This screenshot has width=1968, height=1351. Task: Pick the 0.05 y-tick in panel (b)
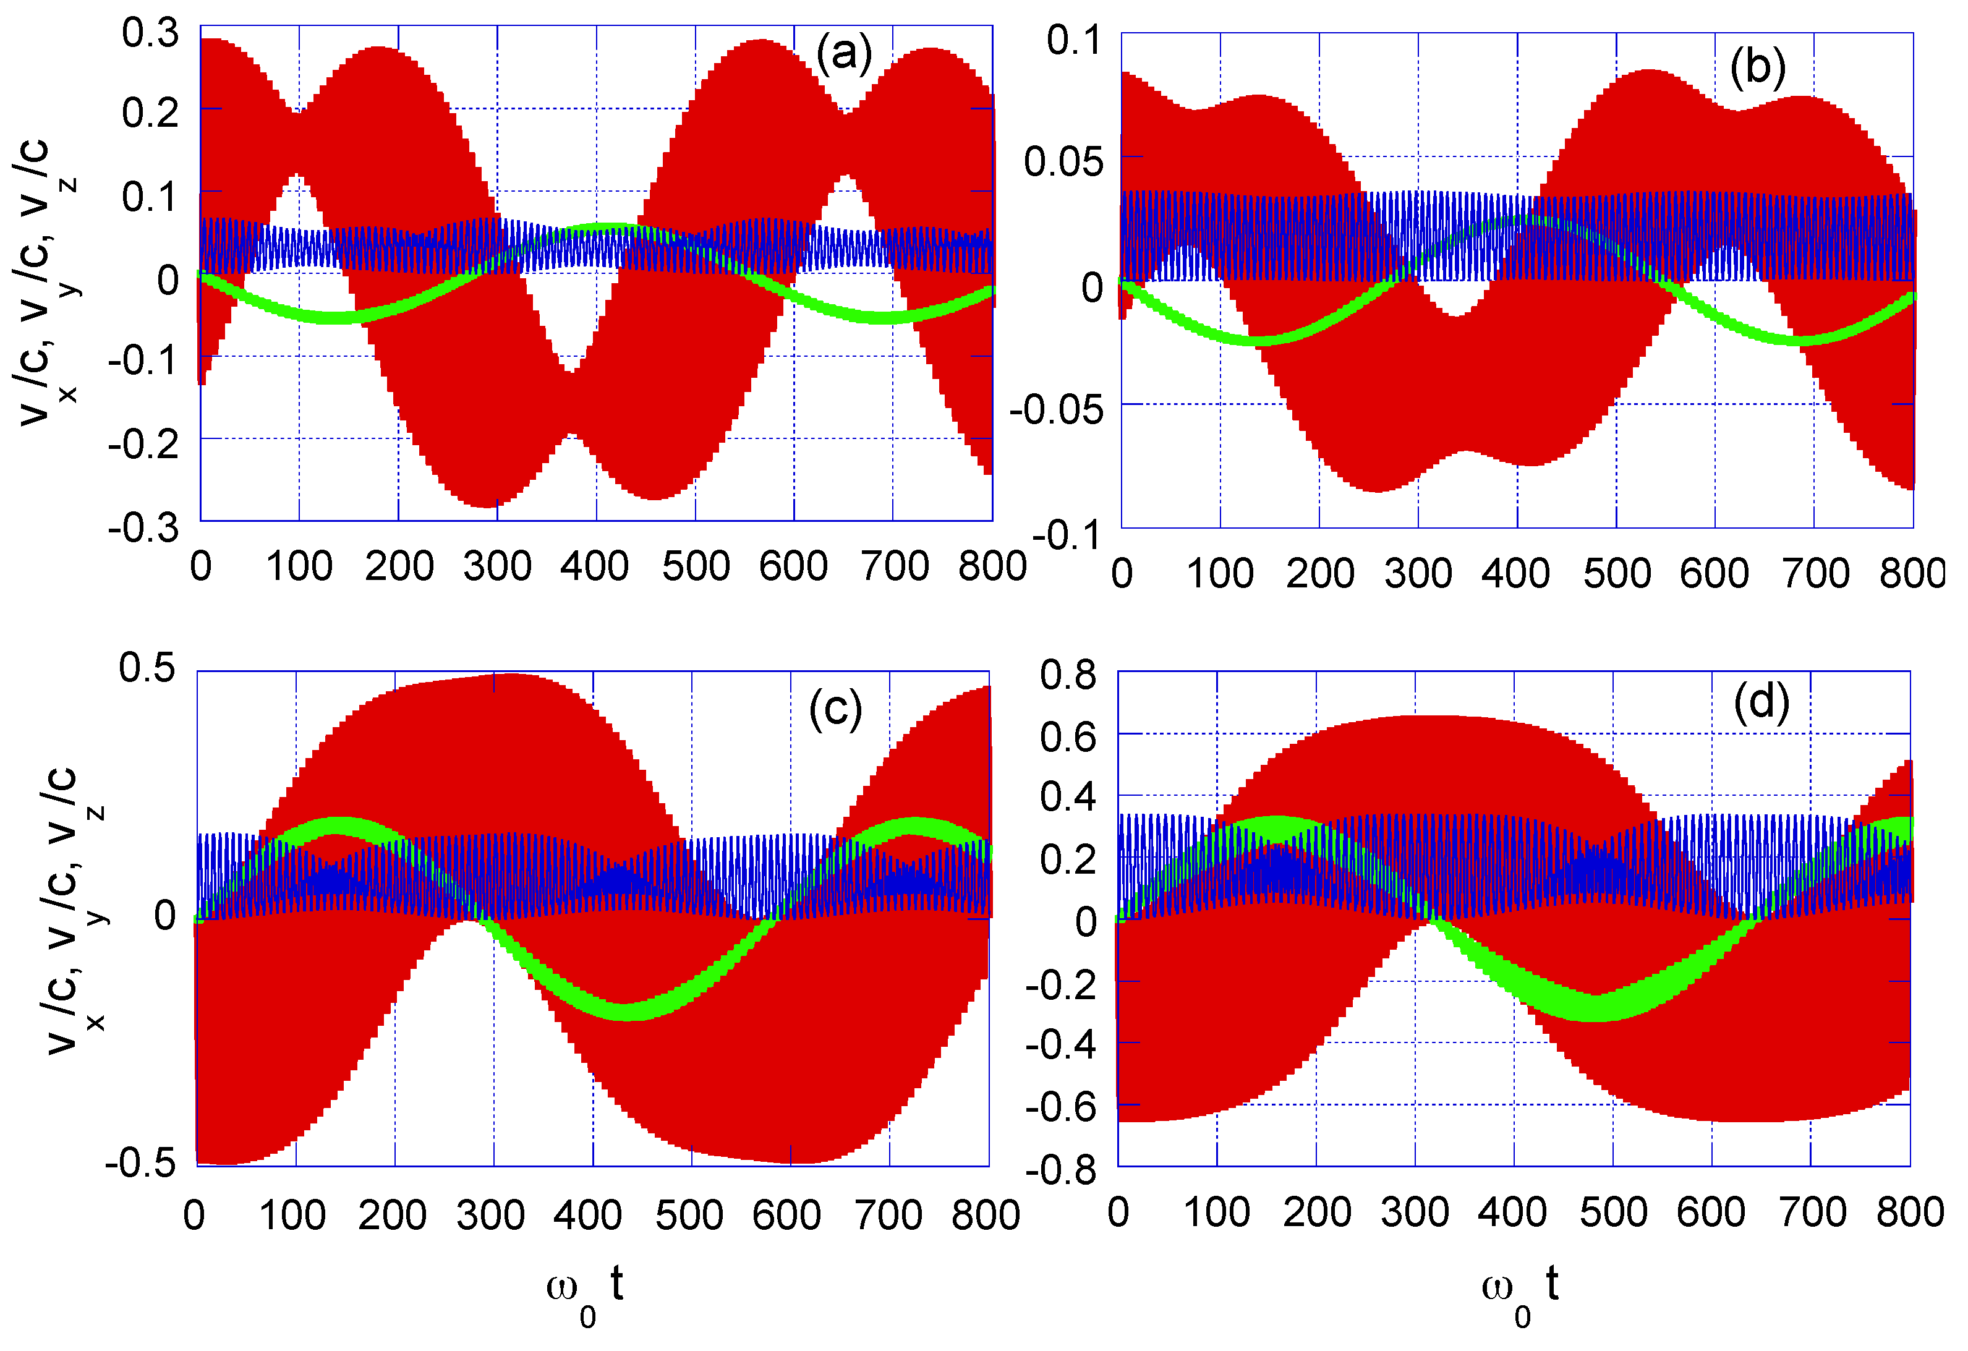(1063, 161)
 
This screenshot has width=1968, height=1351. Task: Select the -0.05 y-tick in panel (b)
(1057, 410)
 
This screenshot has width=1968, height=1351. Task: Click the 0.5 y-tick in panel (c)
(147, 667)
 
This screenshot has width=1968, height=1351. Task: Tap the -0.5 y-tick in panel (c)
(140, 1163)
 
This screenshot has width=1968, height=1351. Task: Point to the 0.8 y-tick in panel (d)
(1068, 675)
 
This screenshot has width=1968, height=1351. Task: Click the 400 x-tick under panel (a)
(594, 565)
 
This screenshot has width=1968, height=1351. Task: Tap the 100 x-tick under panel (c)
(293, 1216)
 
